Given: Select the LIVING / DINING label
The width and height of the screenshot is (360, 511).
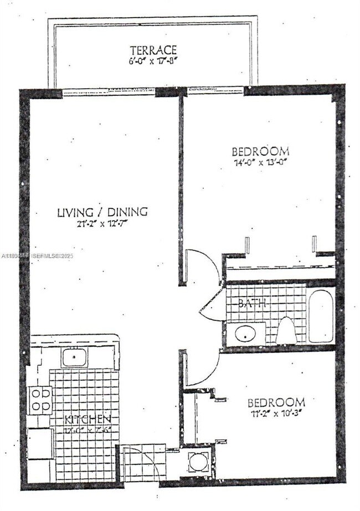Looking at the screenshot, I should pyautogui.click(x=102, y=212).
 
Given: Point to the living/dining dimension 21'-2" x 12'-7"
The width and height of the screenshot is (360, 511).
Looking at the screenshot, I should pyautogui.click(x=102, y=224).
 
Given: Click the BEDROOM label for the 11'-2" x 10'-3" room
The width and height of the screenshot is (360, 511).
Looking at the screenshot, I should pyautogui.click(x=276, y=402).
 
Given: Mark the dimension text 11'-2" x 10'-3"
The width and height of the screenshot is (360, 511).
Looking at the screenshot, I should pyautogui.click(x=276, y=413).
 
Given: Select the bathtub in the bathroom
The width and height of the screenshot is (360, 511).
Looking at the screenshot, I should pyautogui.click(x=321, y=316).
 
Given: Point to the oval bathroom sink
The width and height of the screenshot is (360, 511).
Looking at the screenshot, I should pyautogui.click(x=244, y=334).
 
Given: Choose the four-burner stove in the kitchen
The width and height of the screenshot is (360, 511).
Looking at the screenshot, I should pyautogui.click(x=40, y=400).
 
